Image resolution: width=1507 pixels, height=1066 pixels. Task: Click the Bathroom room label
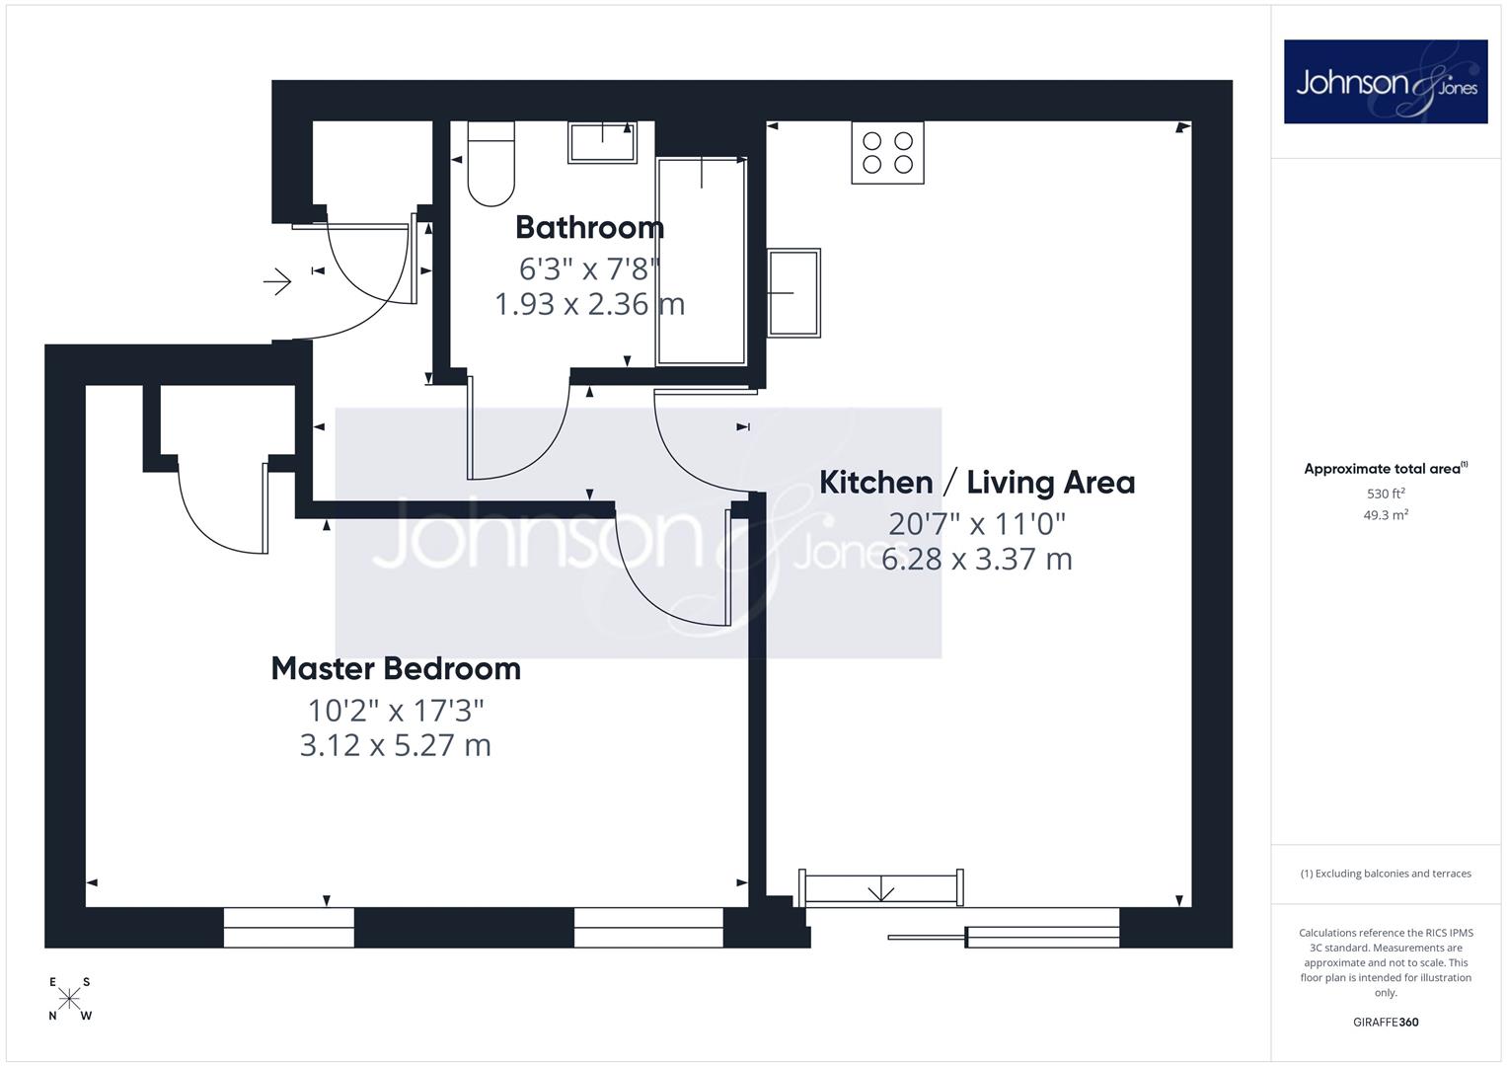[589, 227]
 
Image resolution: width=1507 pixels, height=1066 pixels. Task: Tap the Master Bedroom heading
[396, 669]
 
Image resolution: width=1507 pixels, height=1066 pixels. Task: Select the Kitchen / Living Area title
[977, 483]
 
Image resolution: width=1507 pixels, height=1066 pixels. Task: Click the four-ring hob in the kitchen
[887, 153]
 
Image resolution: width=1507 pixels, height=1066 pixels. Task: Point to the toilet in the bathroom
[491, 164]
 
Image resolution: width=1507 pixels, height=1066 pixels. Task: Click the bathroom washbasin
[602, 142]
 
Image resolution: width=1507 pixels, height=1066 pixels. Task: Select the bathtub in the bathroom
[701, 262]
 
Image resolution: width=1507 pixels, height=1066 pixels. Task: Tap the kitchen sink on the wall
[793, 293]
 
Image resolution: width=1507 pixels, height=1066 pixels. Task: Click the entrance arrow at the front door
[277, 281]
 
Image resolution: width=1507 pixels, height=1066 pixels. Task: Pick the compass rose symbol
[69, 999]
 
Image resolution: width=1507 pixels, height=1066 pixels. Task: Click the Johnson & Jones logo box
[1386, 81]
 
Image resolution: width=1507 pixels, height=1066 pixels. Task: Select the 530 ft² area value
[1386, 494]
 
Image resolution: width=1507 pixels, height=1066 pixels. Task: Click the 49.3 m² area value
[1386, 515]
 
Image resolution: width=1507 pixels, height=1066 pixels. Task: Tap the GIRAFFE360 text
[1386, 1023]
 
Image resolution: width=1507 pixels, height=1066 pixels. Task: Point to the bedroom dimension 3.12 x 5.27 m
[396, 745]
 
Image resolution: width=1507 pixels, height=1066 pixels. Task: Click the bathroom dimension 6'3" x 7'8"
[589, 269]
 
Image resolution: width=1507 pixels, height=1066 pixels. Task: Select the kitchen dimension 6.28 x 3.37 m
[977, 560]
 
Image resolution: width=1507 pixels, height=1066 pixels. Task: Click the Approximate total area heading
[1386, 469]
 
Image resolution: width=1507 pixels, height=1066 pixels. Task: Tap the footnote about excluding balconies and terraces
[1386, 874]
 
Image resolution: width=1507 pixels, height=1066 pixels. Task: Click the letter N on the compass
[52, 1017]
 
